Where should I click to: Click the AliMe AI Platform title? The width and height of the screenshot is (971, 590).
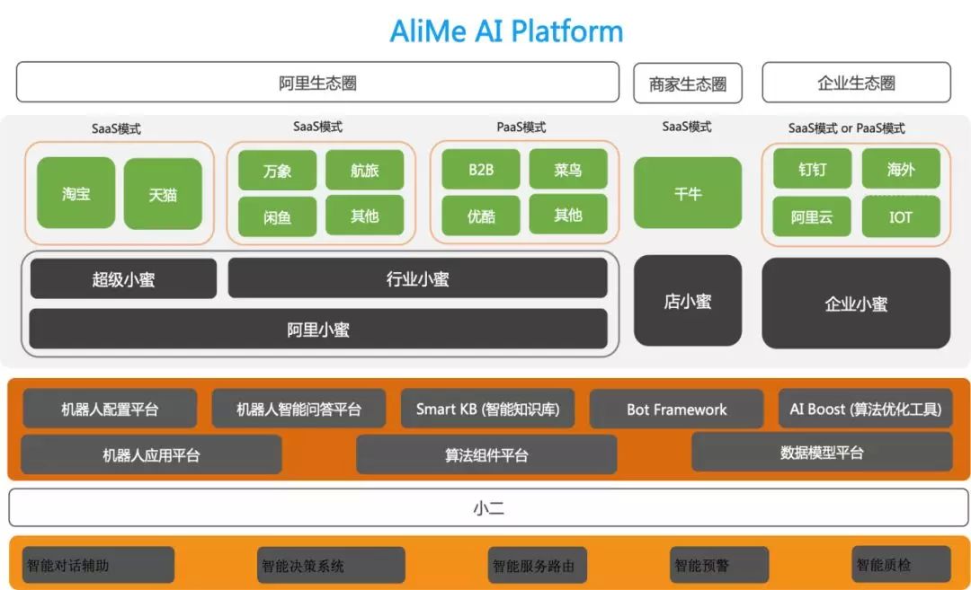tap(506, 31)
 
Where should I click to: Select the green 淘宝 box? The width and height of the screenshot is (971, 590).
tap(76, 193)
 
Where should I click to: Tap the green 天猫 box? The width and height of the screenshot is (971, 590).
tap(163, 194)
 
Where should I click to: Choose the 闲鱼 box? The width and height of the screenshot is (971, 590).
tap(277, 216)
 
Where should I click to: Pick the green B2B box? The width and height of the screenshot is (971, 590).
tap(481, 170)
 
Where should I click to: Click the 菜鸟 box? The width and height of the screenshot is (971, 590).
tap(568, 170)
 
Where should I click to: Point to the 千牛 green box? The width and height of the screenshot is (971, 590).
tap(688, 193)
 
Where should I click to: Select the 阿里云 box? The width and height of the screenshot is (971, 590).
tap(812, 216)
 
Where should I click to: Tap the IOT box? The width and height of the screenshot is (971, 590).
tap(901, 216)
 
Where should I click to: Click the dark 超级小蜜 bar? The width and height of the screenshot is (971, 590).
tap(123, 279)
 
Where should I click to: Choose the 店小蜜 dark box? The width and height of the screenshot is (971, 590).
tap(688, 301)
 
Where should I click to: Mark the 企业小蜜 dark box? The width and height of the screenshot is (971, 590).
tap(856, 304)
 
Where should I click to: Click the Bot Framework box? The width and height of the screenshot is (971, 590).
tap(677, 409)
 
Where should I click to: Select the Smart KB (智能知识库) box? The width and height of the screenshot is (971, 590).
tap(488, 409)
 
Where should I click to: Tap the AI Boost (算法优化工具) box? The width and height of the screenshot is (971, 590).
tap(865, 409)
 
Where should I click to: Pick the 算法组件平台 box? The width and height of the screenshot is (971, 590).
tap(486, 454)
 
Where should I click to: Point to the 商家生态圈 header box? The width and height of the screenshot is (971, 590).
tap(688, 84)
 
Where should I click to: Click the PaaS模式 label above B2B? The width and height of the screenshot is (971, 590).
tap(521, 128)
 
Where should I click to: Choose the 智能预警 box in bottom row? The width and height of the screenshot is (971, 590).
tap(719, 565)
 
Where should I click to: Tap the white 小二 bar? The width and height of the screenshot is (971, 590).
tap(488, 508)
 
